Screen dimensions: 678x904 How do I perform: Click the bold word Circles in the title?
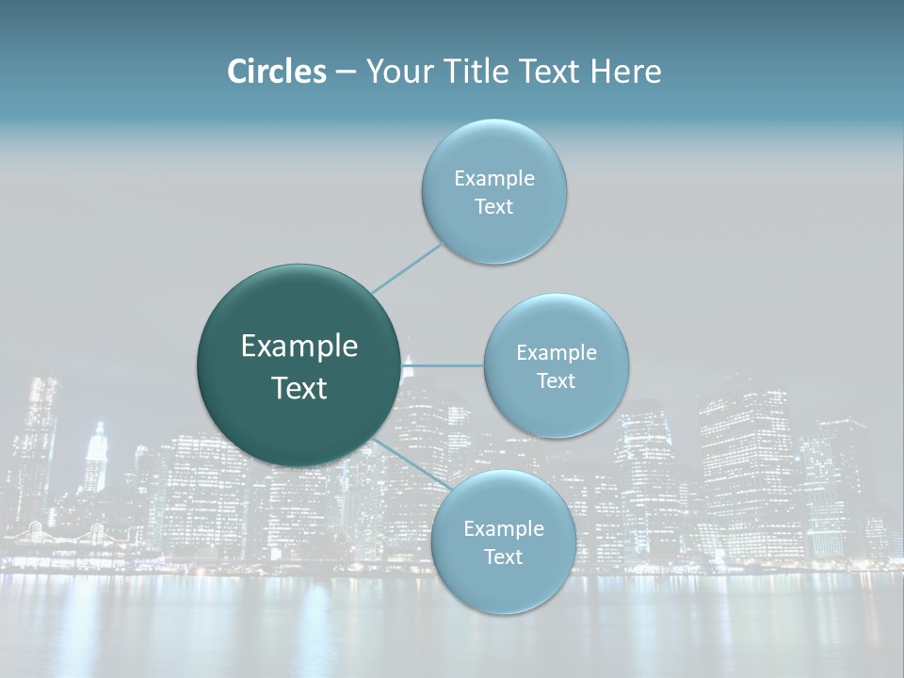(x=276, y=72)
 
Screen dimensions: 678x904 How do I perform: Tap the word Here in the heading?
(x=626, y=72)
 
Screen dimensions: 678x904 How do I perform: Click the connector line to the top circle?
(x=407, y=266)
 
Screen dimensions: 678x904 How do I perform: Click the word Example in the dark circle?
(x=299, y=347)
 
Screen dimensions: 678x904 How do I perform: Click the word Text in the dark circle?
(x=299, y=388)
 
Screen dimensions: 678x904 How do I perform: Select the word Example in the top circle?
(x=494, y=179)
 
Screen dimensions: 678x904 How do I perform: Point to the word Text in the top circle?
(x=494, y=207)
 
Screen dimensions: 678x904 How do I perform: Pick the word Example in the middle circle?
(x=557, y=353)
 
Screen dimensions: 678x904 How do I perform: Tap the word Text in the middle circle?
(x=557, y=381)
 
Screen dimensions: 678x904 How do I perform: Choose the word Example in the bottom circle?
(x=504, y=529)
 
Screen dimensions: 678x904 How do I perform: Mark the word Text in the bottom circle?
(x=504, y=557)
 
